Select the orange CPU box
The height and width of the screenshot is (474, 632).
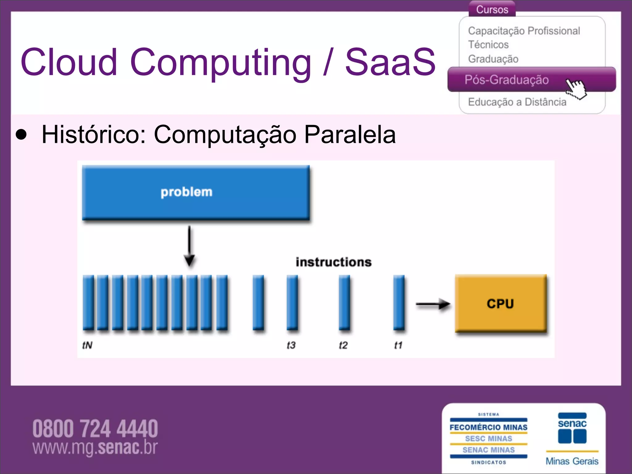[501, 304]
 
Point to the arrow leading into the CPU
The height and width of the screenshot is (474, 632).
[433, 304]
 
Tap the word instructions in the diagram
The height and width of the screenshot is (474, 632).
[334, 262]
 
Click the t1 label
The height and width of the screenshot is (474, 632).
[398, 345]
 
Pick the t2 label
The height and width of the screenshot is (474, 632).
[343, 345]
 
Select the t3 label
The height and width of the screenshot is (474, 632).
[291, 345]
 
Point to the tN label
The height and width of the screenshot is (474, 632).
[87, 345]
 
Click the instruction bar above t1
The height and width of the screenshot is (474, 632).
[399, 302]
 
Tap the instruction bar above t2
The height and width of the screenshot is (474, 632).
[344, 302]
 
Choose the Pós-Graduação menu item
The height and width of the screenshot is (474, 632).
[507, 80]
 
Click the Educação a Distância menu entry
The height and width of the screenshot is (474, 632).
[517, 102]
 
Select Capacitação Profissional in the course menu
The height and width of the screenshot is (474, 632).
[524, 31]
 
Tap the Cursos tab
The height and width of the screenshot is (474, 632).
[492, 10]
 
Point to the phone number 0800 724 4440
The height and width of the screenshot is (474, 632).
[95, 429]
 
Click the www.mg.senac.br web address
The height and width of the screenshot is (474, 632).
[95, 447]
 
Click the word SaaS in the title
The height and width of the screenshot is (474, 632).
[390, 62]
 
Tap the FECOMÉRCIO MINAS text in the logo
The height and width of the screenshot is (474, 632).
[489, 427]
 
